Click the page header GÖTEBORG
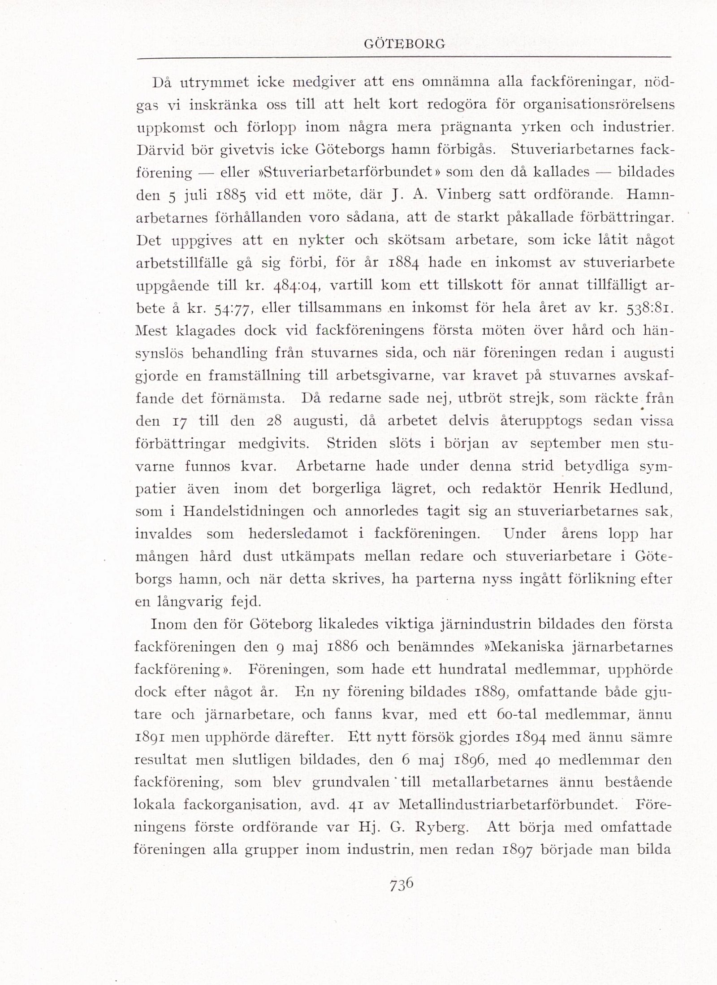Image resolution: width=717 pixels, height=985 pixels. click(x=404, y=44)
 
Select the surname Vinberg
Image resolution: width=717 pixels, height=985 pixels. click(x=464, y=195)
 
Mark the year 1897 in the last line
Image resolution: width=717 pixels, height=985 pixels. click(x=514, y=850)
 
